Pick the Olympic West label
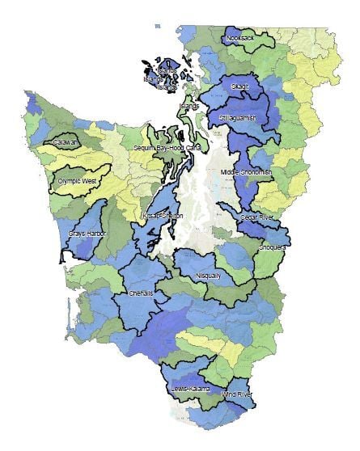78,182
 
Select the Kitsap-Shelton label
163,217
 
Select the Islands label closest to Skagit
188,106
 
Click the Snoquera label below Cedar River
272,248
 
